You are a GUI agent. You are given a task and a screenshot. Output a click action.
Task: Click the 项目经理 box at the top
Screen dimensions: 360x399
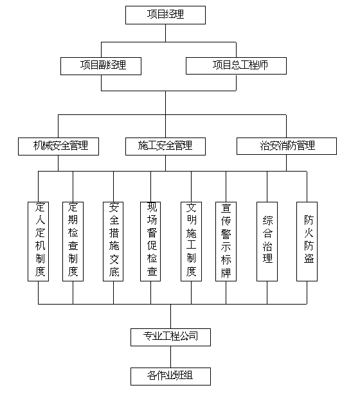[165, 15]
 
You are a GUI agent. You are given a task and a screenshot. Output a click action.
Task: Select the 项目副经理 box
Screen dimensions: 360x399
[101, 66]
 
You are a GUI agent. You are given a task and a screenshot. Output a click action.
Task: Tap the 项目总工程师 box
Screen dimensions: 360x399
[237, 66]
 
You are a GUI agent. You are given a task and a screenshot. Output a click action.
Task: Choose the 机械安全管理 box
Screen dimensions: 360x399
[59, 146]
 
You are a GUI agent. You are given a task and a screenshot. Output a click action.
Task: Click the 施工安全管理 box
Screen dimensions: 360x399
[165, 146]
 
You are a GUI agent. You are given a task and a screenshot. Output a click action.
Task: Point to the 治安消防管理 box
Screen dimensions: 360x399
[287, 146]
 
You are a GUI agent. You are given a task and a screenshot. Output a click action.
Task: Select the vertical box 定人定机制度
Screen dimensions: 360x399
[38, 242]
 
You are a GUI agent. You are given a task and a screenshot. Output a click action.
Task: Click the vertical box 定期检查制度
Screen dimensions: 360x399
[73, 242]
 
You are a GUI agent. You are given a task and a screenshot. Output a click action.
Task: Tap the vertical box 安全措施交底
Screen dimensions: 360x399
[113, 242]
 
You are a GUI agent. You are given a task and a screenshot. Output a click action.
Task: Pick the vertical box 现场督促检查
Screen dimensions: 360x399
[150, 242]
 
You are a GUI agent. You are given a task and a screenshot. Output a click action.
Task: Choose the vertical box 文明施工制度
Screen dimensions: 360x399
[191, 242]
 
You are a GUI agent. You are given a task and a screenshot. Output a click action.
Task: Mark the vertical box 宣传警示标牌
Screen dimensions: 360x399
[226, 242]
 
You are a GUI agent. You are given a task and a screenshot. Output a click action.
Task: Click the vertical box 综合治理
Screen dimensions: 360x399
[267, 242]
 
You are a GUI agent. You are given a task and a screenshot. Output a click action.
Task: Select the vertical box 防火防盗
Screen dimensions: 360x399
[307, 242]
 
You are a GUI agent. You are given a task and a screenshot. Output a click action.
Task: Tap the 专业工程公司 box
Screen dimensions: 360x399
[170, 337]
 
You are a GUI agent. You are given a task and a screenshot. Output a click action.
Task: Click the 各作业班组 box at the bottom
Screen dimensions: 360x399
[170, 377]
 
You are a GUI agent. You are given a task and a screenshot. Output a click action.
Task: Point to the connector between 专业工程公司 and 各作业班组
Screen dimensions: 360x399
[170, 357]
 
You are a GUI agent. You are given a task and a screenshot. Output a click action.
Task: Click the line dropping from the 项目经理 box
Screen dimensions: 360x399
[165, 33]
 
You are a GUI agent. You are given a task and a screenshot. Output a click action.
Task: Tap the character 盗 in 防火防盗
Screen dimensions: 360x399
[309, 258]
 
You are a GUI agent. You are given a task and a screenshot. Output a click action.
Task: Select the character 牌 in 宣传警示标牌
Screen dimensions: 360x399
[226, 272]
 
